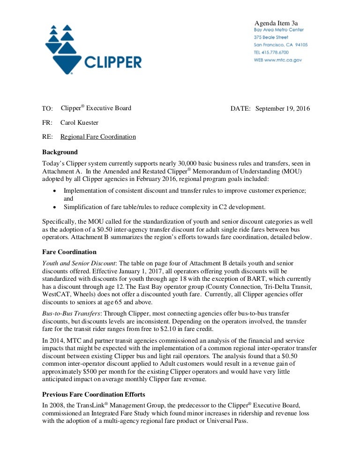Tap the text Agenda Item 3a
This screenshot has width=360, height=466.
(276, 23)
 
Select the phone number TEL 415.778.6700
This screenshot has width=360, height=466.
(271, 53)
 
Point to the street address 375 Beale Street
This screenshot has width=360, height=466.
(271, 37)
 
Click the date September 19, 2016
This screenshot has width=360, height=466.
(283, 108)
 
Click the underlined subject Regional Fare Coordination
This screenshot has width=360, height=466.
(98, 137)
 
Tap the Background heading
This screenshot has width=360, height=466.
(60, 152)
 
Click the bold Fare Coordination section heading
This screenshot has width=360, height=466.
(69, 252)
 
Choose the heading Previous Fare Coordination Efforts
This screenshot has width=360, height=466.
(94, 394)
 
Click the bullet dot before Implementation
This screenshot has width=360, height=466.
(55, 191)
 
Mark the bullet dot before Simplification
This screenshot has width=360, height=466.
(55, 207)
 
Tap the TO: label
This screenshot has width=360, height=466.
(47, 109)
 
